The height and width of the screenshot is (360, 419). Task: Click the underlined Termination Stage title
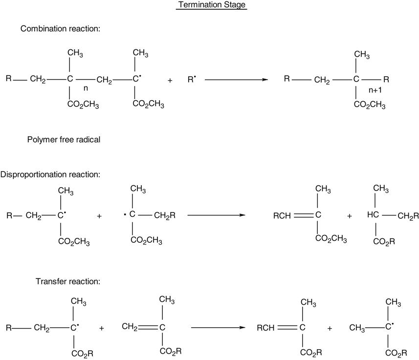point(212,5)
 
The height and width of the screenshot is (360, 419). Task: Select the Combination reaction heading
point(60,29)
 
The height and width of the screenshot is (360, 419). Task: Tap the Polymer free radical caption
point(64,140)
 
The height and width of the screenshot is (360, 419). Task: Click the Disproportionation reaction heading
point(50,174)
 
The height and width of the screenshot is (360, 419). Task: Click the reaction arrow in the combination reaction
point(236,79)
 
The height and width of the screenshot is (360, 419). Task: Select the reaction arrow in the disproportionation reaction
point(216,215)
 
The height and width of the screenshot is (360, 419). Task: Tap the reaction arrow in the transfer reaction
point(218,327)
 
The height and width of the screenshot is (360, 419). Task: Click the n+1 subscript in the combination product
point(377,90)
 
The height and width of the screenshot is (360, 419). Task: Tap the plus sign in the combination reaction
point(170,80)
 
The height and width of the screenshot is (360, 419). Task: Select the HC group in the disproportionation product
point(373,215)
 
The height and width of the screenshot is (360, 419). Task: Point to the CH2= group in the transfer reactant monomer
point(130,327)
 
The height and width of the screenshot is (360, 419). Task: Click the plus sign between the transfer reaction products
point(330,328)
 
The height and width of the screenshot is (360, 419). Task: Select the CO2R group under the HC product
point(384,242)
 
